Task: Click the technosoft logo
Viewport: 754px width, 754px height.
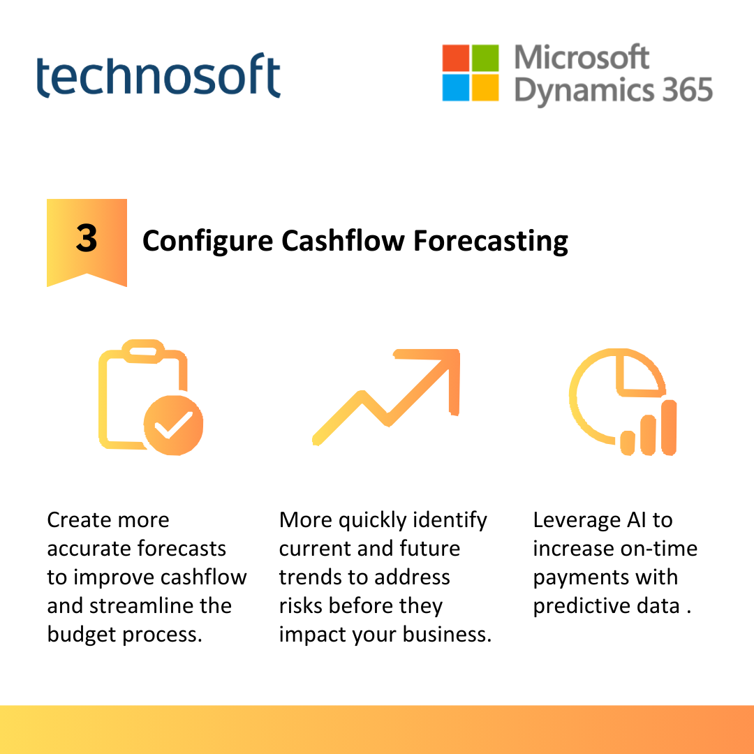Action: [x=158, y=75]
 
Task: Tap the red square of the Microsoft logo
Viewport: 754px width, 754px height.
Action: [x=455, y=58]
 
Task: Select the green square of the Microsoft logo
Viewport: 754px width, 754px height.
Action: [x=485, y=58]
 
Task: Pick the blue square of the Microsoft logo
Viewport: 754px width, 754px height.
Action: [x=455, y=87]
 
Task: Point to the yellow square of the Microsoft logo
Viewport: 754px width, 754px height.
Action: [x=485, y=87]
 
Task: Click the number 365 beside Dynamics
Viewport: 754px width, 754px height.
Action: [x=687, y=90]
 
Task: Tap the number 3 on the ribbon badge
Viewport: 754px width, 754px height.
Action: [x=87, y=237]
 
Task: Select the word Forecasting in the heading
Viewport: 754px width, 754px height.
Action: [x=491, y=241]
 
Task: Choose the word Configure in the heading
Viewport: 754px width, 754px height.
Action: [x=208, y=241]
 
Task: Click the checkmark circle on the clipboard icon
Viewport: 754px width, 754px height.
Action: [x=174, y=425]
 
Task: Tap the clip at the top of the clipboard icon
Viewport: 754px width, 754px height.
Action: [x=143, y=351]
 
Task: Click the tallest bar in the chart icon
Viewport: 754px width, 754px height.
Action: [x=669, y=427]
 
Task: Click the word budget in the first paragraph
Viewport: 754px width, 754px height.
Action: [x=81, y=635]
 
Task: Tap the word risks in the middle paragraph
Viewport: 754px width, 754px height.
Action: [x=300, y=605]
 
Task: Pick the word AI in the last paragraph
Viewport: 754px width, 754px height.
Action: [x=636, y=520]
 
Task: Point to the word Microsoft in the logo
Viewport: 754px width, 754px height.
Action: [x=582, y=57]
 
